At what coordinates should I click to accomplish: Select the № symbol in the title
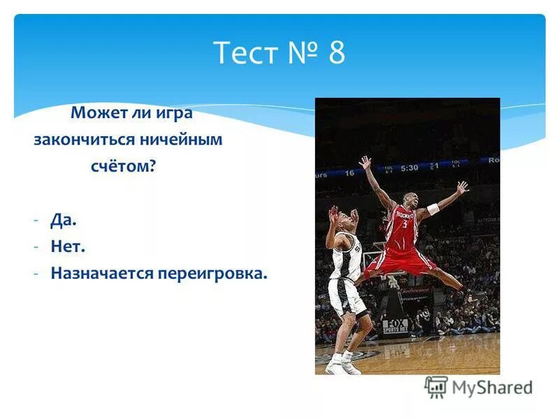pos(300,53)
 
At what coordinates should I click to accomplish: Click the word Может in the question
pos(96,112)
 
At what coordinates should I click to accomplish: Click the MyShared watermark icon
pos(436,386)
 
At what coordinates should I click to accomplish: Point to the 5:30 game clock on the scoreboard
pos(409,168)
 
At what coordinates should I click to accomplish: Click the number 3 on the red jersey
pos(403,225)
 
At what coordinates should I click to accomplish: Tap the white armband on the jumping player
pos(433,209)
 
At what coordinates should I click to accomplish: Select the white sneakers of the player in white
pos(342,364)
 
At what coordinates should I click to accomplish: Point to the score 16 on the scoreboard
pos(349,172)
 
